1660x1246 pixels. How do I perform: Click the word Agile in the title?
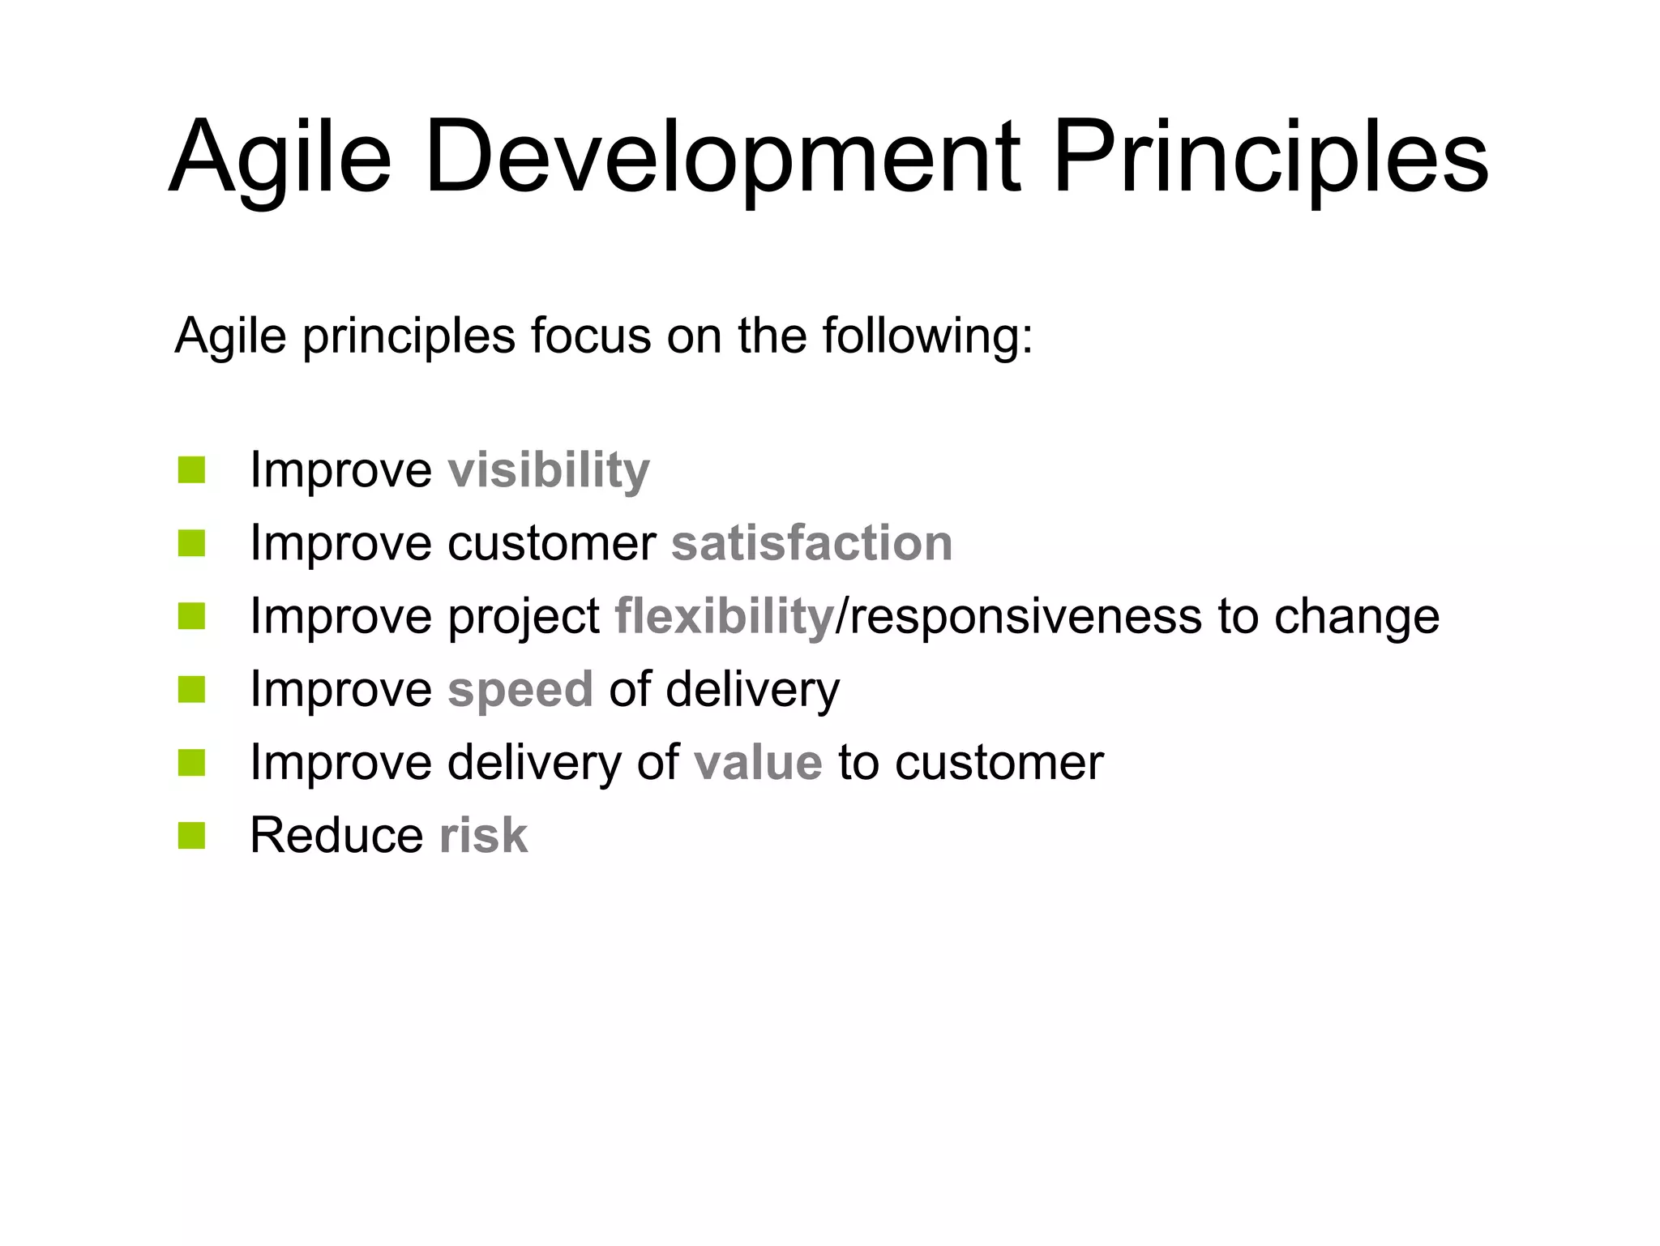pyautogui.click(x=280, y=158)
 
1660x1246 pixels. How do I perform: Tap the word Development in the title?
pyautogui.click(x=721, y=158)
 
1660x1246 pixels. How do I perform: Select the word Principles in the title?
pyautogui.click(x=1270, y=158)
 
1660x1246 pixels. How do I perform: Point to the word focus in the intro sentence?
pyautogui.click(x=590, y=336)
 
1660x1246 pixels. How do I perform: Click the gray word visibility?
pyautogui.click(x=549, y=470)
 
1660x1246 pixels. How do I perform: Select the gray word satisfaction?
pyautogui.click(x=811, y=543)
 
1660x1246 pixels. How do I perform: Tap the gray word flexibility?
pyautogui.click(x=724, y=616)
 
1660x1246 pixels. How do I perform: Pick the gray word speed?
pyautogui.click(x=520, y=690)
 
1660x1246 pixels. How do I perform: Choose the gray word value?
pyautogui.click(x=758, y=763)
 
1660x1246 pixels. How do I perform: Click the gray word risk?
pyautogui.click(x=483, y=836)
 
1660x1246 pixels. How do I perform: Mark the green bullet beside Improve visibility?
pyautogui.click(x=191, y=470)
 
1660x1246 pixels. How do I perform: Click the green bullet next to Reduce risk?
pyautogui.click(x=191, y=836)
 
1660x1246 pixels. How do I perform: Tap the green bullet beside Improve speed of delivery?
pyautogui.click(x=191, y=690)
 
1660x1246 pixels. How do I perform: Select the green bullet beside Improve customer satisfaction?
pyautogui.click(x=191, y=543)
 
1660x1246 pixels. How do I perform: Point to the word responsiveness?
pyautogui.click(x=1025, y=616)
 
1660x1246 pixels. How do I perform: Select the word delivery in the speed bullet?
pyautogui.click(x=752, y=690)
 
